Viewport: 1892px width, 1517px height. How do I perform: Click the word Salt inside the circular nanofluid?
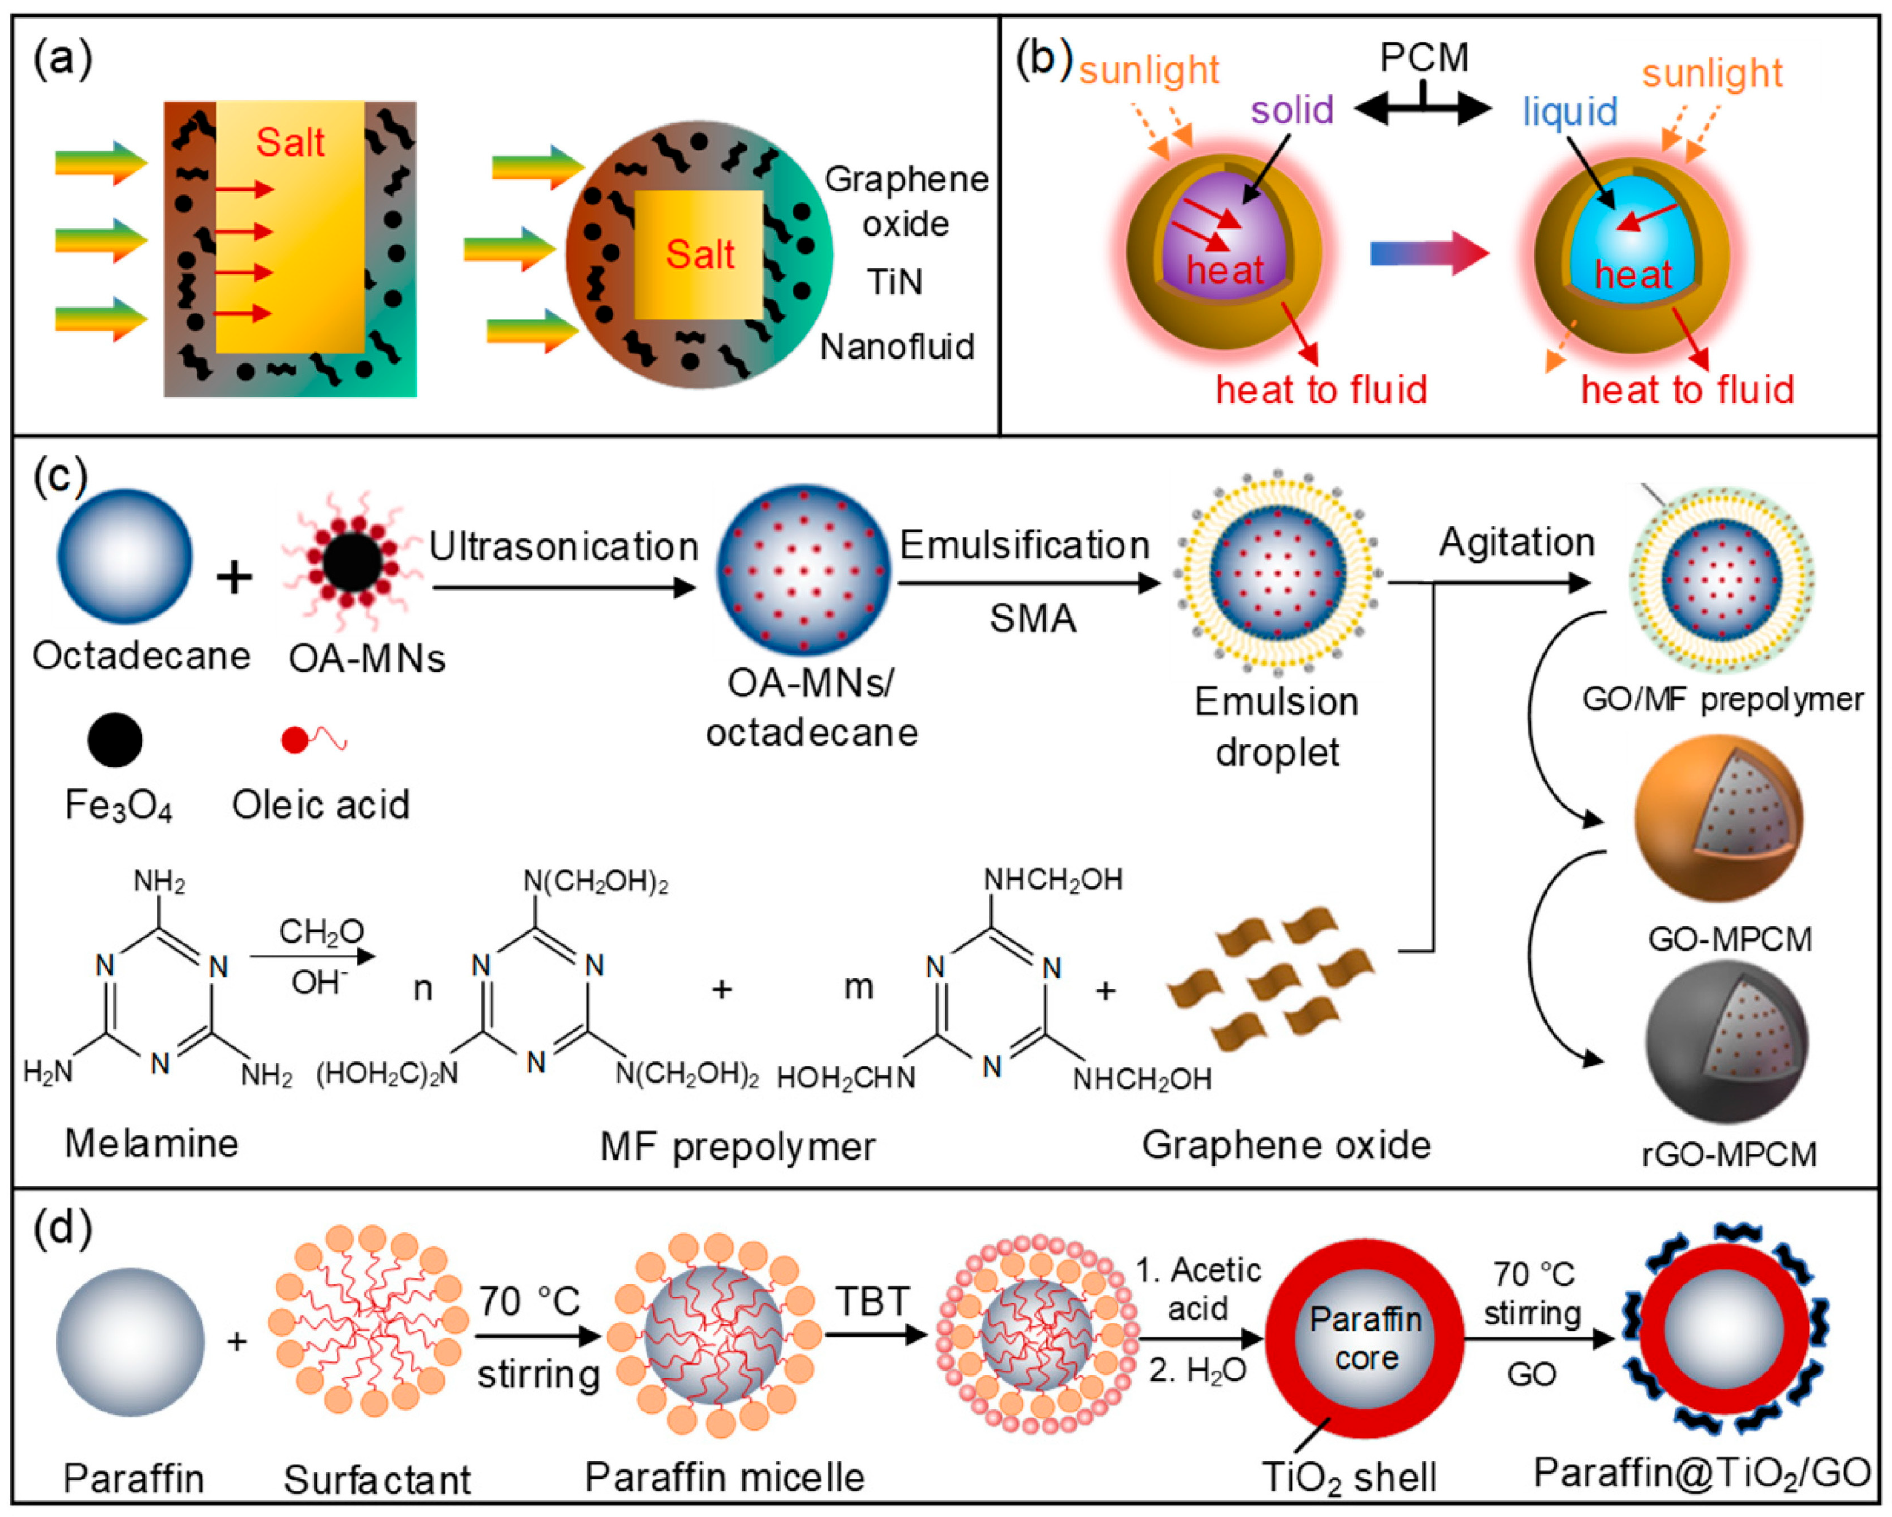tap(700, 254)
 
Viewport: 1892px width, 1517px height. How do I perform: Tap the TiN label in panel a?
tap(894, 283)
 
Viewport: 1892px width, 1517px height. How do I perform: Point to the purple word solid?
tap(1292, 111)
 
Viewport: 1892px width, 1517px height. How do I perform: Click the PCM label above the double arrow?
tap(1423, 58)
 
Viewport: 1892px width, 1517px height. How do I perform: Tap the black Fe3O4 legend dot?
tap(115, 740)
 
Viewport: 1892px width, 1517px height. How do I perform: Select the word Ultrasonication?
tap(563, 547)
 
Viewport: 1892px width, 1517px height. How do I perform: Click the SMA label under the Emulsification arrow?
tap(1032, 619)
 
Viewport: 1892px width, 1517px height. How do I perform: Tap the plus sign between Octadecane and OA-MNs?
tap(234, 578)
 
